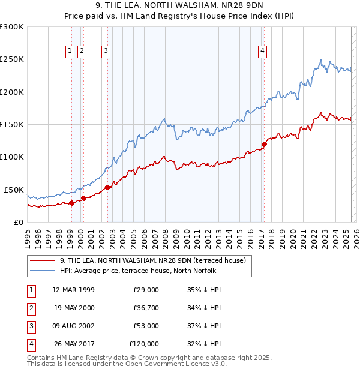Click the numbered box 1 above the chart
point(71,51)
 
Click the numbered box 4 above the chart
point(263,51)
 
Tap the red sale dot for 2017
point(264,144)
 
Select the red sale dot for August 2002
point(108,187)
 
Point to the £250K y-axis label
point(12,59)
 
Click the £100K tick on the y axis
point(12,157)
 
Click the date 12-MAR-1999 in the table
point(73,290)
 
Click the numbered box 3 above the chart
point(106,51)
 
